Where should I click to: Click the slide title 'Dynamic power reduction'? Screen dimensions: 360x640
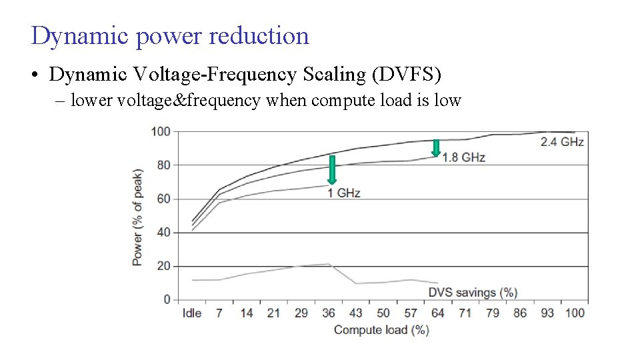coord(170,36)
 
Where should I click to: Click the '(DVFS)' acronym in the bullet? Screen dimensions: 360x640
coord(408,75)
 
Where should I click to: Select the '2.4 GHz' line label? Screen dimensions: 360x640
coord(562,141)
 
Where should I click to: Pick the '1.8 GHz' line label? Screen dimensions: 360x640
coord(463,157)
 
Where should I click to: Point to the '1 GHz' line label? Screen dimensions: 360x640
coord(343,193)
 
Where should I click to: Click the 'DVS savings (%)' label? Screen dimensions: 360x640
coord(473,292)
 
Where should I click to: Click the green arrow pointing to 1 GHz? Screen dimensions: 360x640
coord(331,169)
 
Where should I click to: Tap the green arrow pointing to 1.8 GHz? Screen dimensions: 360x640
coord(436,148)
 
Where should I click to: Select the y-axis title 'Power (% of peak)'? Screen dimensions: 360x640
coord(137,217)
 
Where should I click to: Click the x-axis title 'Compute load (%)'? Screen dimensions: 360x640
coord(381,330)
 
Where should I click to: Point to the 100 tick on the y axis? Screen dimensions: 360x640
coord(161,131)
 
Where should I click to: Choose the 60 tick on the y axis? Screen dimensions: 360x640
coord(163,199)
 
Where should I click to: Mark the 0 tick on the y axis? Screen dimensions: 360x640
coord(167,299)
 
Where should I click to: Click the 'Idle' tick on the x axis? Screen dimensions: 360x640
coord(192,313)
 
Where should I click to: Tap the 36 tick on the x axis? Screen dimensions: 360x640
coord(329,313)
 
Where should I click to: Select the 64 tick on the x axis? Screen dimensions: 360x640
coord(437,313)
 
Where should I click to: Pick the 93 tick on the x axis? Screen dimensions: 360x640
coord(547,313)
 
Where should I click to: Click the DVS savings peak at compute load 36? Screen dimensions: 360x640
coord(329,264)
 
